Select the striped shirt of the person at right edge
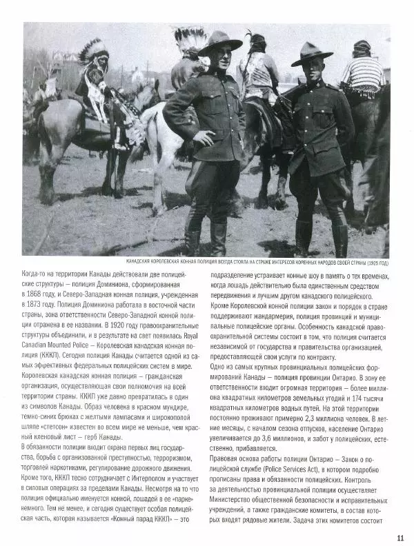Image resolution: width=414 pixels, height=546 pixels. point(363,75)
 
